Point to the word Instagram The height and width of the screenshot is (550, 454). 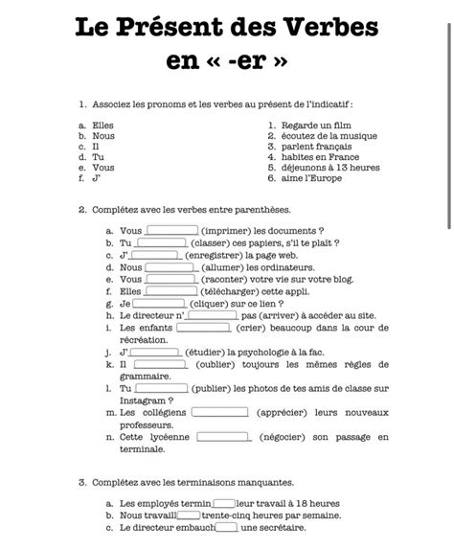pyautogui.click(x=147, y=401)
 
